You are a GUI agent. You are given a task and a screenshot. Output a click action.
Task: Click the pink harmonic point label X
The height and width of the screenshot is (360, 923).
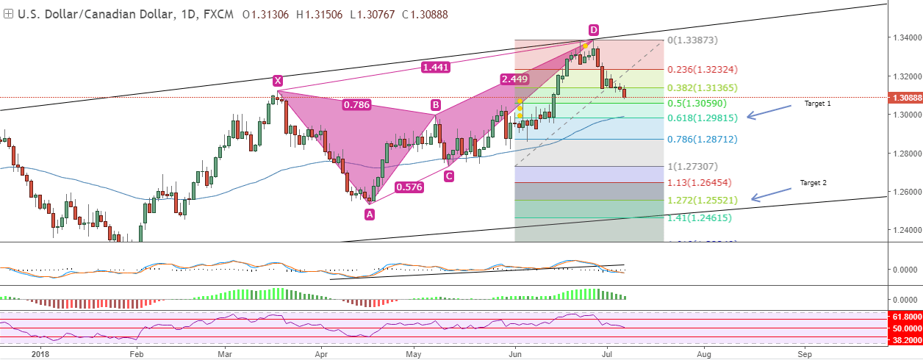pos(277,80)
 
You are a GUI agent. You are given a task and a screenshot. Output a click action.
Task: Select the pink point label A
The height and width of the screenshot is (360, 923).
pos(369,214)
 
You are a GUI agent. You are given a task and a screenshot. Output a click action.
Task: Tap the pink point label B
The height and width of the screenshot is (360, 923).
pos(435,105)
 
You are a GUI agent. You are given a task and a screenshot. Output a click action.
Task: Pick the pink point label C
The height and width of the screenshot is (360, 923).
pos(448,176)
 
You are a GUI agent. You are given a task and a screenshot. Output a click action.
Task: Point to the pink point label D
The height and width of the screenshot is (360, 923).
pos(593,30)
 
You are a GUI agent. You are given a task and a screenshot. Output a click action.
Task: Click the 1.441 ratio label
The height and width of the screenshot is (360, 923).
pos(437,68)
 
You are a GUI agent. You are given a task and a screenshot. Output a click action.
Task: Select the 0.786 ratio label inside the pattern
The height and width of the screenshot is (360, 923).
pos(356,105)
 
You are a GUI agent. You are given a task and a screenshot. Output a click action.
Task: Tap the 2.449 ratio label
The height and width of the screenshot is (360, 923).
pos(514,79)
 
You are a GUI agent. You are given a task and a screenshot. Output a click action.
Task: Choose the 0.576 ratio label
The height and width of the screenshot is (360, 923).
pos(409,187)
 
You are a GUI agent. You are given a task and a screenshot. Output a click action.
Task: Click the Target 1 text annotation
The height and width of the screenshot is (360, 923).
pos(817,104)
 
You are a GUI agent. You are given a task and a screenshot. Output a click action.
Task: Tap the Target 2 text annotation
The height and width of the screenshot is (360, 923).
pos(814,182)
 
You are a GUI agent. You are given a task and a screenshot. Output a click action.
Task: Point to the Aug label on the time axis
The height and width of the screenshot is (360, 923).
pos(703,354)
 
